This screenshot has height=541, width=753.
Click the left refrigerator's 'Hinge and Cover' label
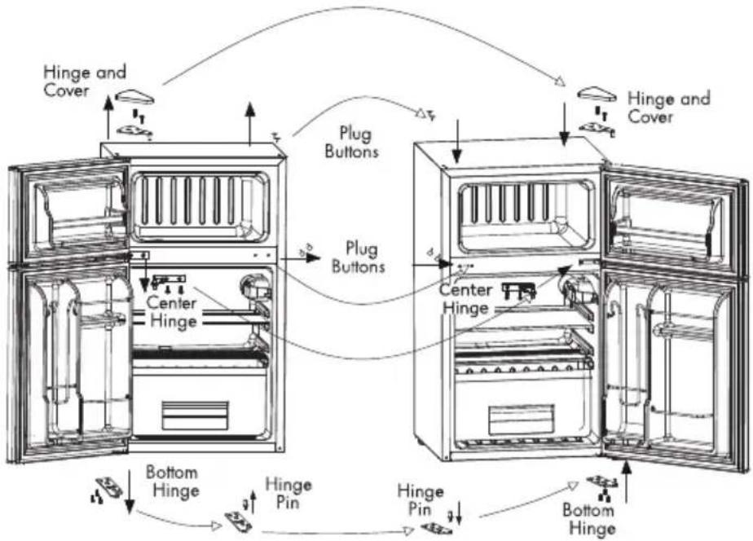[x=85, y=81]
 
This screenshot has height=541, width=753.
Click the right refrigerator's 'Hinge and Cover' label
[x=669, y=108]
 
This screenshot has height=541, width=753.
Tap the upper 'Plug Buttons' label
[x=352, y=142]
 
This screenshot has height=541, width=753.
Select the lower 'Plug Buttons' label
[x=359, y=257]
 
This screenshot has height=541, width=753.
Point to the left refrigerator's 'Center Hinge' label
[x=172, y=312]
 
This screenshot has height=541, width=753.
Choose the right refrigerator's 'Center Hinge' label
[x=466, y=298]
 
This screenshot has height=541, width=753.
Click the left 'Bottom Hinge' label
[x=173, y=482]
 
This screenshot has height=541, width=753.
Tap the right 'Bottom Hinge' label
[x=589, y=519]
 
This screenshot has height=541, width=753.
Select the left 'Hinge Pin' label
[x=288, y=494]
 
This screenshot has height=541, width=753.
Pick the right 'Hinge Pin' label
[x=421, y=499]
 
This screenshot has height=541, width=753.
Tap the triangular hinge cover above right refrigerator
[x=597, y=94]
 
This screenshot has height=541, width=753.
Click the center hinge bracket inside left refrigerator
[x=169, y=279]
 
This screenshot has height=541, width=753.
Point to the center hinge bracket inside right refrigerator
[x=518, y=289]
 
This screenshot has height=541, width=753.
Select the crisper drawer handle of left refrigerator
[x=195, y=416]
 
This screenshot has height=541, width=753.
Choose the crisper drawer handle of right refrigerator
[x=521, y=420]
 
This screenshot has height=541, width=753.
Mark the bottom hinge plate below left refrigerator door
[x=109, y=486]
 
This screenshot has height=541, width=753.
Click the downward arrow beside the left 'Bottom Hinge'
[x=130, y=491]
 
